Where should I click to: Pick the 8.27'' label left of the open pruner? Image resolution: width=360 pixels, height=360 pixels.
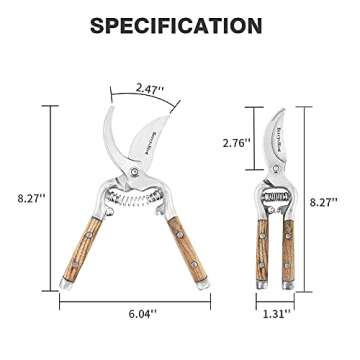tap(29, 200)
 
